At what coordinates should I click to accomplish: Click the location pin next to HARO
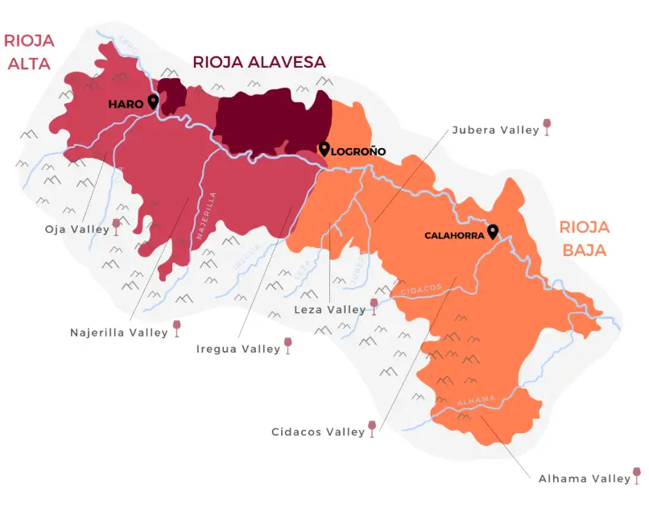coord(153,101)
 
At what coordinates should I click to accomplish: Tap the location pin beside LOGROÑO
coord(324,149)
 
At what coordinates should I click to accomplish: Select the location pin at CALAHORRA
coord(493,232)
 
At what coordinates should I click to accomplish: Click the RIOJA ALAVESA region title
coord(258,62)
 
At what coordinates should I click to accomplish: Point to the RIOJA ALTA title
coord(28,52)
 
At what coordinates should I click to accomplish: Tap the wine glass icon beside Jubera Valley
coord(548,126)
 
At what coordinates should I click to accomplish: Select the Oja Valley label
coord(76,229)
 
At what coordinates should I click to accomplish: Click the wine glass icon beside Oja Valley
coord(116,226)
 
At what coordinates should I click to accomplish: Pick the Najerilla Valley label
coord(119,331)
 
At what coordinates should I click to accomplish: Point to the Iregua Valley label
coord(238,349)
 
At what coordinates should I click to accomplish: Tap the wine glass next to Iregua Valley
coord(288,346)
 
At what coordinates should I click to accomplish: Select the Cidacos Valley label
coord(319,432)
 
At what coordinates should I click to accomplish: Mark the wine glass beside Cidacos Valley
coord(372,428)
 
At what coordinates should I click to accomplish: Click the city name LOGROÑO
coord(359,151)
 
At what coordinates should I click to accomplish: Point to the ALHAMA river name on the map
coord(473,401)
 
